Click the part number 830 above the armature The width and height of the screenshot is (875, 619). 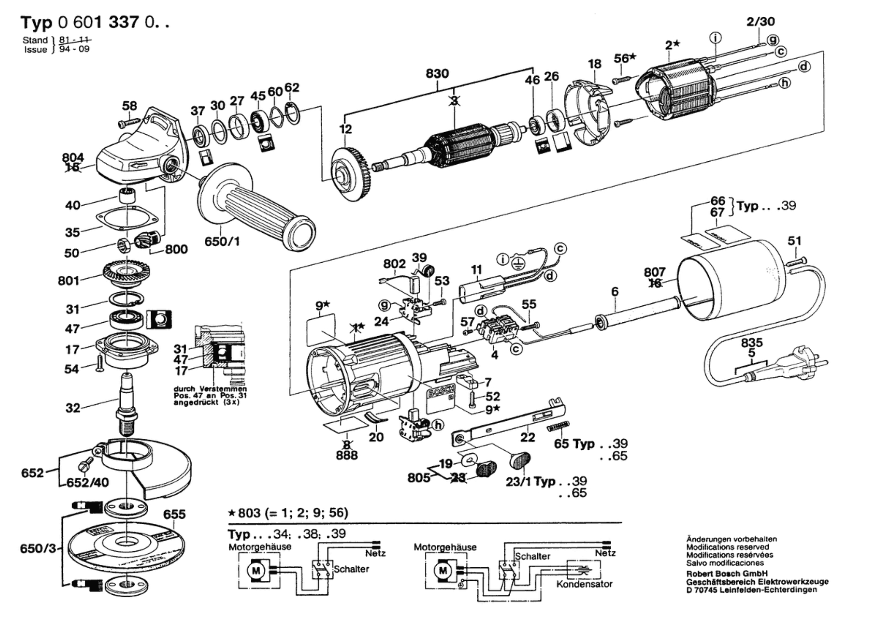437,74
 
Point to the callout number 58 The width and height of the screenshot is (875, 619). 129,106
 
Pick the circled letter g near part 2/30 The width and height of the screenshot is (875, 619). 773,40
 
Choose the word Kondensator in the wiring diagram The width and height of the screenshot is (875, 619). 584,584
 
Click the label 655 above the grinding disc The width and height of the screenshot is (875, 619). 174,514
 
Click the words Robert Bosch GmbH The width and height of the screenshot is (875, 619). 727,573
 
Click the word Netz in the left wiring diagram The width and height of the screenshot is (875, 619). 375,553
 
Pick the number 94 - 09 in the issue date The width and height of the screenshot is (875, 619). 74,50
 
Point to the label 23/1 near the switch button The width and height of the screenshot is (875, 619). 518,481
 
